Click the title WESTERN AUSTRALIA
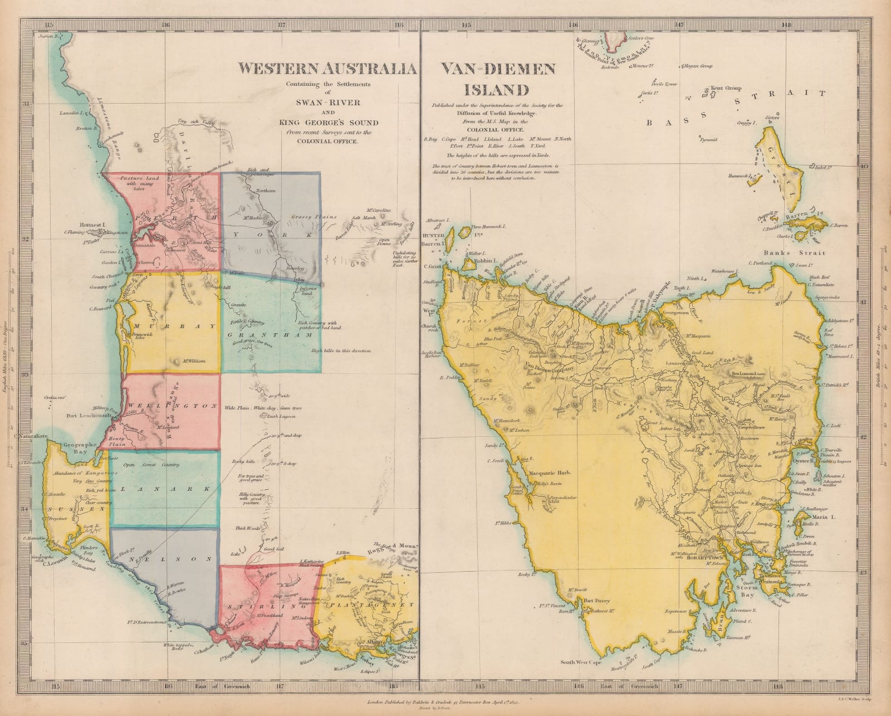pos(327,69)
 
